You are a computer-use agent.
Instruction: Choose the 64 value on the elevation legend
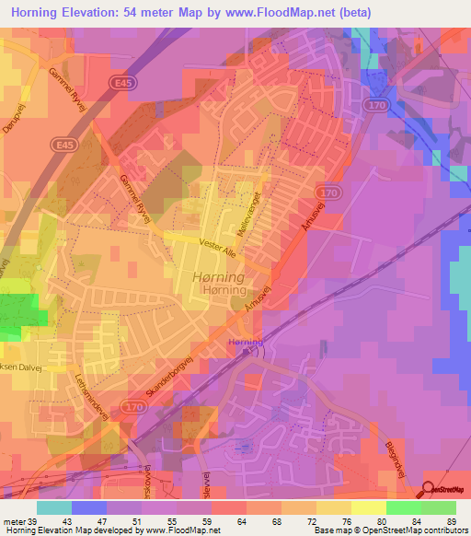(x=239, y=522)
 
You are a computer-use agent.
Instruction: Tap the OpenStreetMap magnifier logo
(x=430, y=488)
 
